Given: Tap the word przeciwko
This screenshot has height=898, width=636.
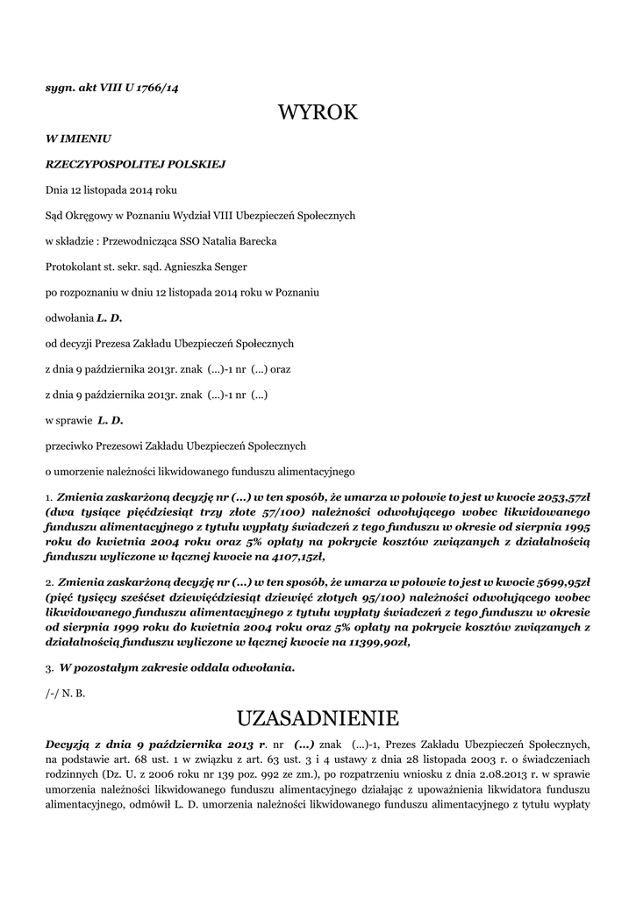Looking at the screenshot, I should [71, 445].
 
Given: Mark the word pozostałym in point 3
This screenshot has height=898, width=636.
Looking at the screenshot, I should [110, 667].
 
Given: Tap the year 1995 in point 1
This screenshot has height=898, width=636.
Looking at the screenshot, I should [572, 525].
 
